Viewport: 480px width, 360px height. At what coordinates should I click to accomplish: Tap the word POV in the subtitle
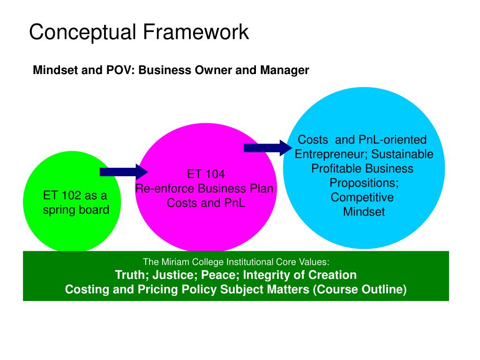pyautogui.click(x=123, y=71)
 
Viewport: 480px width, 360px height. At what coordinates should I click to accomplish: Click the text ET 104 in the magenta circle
pyautogui.click(x=206, y=174)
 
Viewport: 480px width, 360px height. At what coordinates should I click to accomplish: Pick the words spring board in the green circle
pyautogui.click(x=76, y=210)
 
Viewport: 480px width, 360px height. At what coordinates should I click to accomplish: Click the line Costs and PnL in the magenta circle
pyautogui.click(x=206, y=203)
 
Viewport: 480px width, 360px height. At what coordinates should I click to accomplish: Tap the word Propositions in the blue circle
pyautogui.click(x=364, y=183)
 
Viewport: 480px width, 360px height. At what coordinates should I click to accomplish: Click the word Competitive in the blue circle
pyautogui.click(x=362, y=197)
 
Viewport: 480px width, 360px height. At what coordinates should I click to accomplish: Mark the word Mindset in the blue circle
pyautogui.click(x=364, y=212)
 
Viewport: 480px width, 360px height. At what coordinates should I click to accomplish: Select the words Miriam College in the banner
pyautogui.click(x=191, y=262)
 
